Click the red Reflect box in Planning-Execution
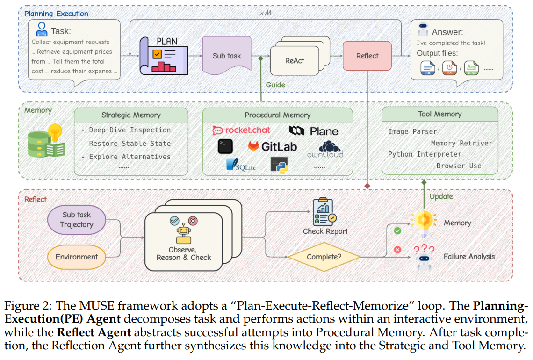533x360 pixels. click(367, 56)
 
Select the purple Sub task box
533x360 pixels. click(227, 56)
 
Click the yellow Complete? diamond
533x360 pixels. click(324, 257)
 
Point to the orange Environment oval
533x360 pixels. click(77, 257)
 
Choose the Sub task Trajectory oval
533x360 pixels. click(77, 220)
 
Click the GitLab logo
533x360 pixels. click(273, 146)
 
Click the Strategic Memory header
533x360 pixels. click(131, 115)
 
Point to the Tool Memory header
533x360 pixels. click(439, 114)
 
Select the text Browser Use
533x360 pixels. click(459, 166)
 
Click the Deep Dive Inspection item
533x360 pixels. click(130, 130)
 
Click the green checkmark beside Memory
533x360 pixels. click(398, 230)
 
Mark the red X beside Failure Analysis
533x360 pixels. click(398, 250)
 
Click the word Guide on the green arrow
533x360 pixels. click(276, 85)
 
